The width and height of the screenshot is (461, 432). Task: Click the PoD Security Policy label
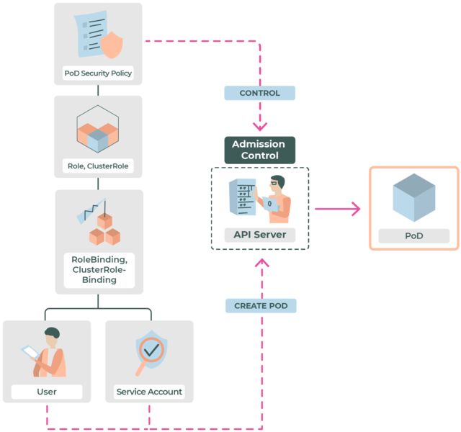click(98, 73)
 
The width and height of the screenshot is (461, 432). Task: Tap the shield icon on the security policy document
click(112, 45)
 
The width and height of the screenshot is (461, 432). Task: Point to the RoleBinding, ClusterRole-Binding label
click(99, 269)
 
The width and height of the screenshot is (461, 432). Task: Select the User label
click(47, 392)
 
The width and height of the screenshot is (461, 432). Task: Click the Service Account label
click(149, 392)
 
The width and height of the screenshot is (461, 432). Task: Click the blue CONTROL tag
click(259, 93)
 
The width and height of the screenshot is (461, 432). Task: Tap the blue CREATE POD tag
click(261, 306)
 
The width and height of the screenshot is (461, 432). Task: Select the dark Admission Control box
click(259, 150)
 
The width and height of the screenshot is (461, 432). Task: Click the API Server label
click(259, 234)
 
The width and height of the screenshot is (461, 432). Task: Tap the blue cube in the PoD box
click(413, 197)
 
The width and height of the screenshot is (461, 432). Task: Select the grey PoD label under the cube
click(413, 235)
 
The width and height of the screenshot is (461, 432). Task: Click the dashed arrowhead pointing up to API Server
click(263, 263)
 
